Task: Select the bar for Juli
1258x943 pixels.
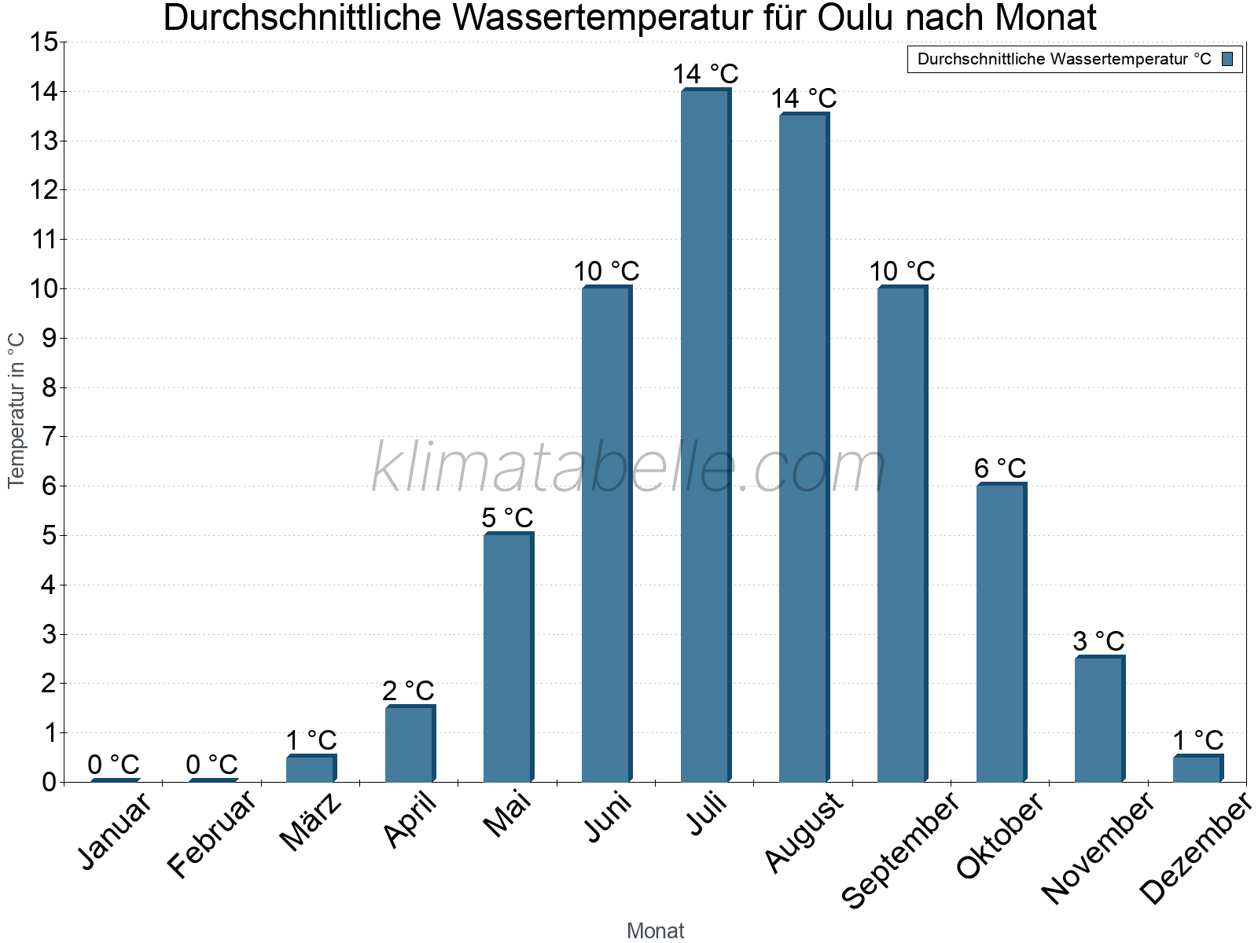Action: [704, 436]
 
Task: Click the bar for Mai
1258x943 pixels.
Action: [507, 658]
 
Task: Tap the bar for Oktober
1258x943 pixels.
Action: [1000, 633]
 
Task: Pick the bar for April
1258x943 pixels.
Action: [409, 744]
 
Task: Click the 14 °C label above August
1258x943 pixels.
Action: [804, 98]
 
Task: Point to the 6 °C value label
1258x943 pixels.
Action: [1000, 468]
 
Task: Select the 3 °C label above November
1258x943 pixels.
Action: [1098, 641]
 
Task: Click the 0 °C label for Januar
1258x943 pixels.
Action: [113, 764]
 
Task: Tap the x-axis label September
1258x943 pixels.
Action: [900, 849]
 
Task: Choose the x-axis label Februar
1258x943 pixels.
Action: [212, 833]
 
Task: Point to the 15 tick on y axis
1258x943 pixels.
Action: [45, 42]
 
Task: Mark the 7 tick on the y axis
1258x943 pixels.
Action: [50, 437]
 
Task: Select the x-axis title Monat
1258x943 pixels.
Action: [655, 931]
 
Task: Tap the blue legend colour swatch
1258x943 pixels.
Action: [1227, 59]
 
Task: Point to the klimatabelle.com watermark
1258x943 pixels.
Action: [629, 468]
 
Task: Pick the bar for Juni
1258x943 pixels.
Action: [606, 534]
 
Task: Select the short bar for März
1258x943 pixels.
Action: [311, 769]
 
